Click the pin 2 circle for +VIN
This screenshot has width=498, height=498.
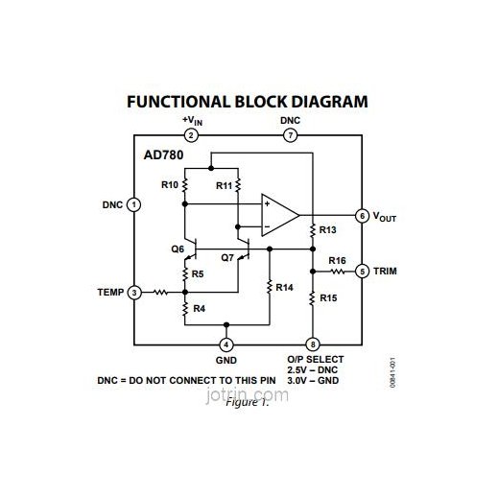click(x=192, y=135)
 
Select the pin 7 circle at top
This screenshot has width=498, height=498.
click(x=291, y=135)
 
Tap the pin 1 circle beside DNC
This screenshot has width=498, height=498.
click(x=134, y=204)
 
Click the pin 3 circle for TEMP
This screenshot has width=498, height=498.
click(x=134, y=292)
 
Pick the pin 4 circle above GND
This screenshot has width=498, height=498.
click(x=225, y=344)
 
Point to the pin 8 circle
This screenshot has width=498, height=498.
click(x=312, y=344)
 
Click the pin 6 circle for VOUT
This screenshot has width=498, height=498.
click(x=362, y=216)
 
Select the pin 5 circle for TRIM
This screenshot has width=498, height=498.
click(x=362, y=272)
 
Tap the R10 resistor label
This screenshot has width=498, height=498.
click(x=169, y=183)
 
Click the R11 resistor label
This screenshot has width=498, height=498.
click(x=223, y=183)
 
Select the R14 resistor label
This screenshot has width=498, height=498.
click(x=285, y=286)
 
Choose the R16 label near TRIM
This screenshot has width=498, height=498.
click(x=337, y=260)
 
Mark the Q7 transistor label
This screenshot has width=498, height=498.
click(x=227, y=257)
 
